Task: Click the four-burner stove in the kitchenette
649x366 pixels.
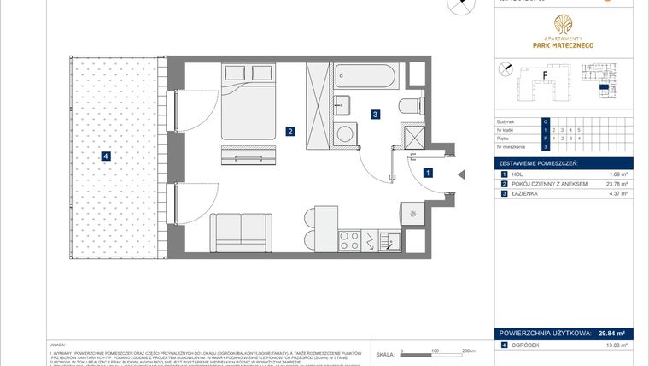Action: (351, 240)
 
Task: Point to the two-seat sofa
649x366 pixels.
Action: (238, 233)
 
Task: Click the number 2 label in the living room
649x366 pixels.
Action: (291, 132)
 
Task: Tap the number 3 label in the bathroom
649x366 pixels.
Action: (374, 113)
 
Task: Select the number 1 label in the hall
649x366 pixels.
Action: (428, 173)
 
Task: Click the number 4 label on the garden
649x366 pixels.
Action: (105, 156)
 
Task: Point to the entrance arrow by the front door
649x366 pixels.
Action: (460, 174)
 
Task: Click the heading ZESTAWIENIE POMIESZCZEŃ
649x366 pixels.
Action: (539, 162)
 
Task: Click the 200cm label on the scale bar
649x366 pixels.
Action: (467, 351)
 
